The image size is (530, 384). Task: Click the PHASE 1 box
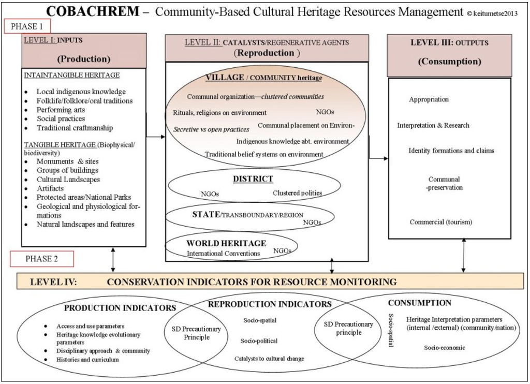pos(27,26)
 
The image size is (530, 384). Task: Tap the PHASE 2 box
pos(41,259)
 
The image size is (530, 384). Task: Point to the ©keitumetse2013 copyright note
pos(492,13)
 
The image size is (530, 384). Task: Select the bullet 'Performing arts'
pos(61,110)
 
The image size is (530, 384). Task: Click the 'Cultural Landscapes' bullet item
pos(68,180)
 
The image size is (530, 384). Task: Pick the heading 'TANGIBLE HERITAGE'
pos(60,144)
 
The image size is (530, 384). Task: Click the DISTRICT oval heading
pos(253,179)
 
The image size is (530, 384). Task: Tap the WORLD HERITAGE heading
pos(227,243)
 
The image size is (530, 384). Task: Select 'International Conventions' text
pos(224,253)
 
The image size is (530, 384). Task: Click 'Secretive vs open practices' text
pos(211,129)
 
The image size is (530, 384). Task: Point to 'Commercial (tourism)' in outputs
pos(441,222)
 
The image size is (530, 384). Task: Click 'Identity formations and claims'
pos(451,151)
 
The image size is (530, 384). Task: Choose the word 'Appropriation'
pos(429,99)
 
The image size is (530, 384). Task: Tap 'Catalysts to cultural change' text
pos(269,359)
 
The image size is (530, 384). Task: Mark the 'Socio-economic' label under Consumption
pos(444,348)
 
